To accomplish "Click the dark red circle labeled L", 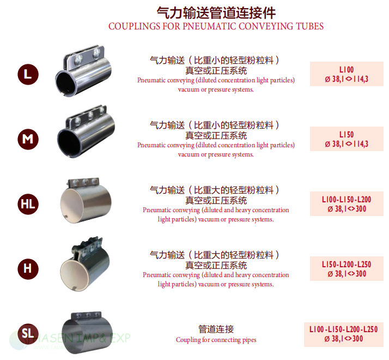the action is [x=28, y=74].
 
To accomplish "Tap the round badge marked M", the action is [x=28, y=139].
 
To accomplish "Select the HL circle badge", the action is [x=28, y=204].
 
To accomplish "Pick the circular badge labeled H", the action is [x=28, y=269].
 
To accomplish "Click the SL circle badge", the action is [x=28, y=334].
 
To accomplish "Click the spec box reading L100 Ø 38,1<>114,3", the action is [x=347, y=74].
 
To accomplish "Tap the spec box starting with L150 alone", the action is [x=347, y=139].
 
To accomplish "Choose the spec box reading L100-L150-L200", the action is [x=347, y=203].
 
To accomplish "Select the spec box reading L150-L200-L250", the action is [x=347, y=268].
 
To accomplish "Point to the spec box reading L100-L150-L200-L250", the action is [x=344, y=334].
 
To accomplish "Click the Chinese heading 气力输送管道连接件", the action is [x=216, y=13].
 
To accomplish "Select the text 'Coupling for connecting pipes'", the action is [x=216, y=340].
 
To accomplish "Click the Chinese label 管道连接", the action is [x=216, y=329].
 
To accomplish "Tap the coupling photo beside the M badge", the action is [x=86, y=131].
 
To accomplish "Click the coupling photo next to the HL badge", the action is [x=86, y=201].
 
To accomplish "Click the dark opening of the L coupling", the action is [x=65, y=83].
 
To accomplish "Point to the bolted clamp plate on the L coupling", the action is [x=84, y=56].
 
